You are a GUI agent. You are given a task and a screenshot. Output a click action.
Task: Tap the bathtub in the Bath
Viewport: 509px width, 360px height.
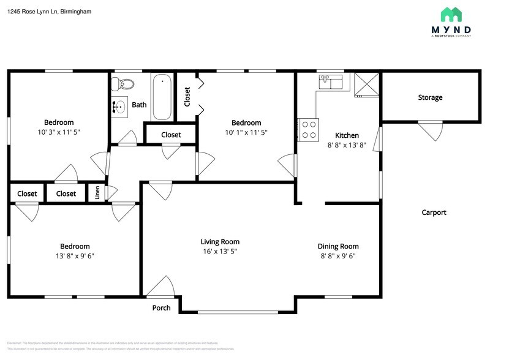pyautogui.click(x=162, y=97)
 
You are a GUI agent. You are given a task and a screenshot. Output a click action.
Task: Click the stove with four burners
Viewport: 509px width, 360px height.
pyautogui.click(x=308, y=129)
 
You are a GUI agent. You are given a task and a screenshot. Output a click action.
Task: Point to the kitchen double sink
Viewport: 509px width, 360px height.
pyautogui.click(x=331, y=81)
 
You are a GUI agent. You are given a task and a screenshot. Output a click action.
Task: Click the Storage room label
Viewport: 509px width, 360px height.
pyautogui.click(x=430, y=97)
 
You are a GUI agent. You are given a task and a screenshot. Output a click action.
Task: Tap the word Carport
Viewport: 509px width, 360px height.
pyautogui.click(x=434, y=212)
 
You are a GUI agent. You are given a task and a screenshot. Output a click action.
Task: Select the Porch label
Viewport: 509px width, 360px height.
pyautogui.click(x=161, y=307)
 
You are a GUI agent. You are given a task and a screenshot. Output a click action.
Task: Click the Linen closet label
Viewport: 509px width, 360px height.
pyautogui.click(x=97, y=193)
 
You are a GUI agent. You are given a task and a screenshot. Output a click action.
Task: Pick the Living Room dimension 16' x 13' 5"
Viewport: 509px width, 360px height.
pyautogui.click(x=220, y=252)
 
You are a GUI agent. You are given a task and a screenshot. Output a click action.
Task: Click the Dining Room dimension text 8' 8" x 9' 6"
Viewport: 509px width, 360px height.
pyautogui.click(x=337, y=256)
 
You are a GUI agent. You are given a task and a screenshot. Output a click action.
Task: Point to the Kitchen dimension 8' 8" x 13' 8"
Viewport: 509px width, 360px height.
pyautogui.click(x=347, y=145)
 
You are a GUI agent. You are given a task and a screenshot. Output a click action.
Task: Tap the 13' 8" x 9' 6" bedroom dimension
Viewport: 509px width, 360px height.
pyautogui.click(x=74, y=256)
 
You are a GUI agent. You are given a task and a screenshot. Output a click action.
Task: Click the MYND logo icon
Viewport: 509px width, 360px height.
pyautogui.click(x=451, y=15)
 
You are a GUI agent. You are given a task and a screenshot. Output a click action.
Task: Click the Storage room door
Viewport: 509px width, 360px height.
pyautogui.click(x=430, y=129)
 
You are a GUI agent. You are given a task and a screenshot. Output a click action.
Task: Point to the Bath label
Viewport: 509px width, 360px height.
pyautogui.click(x=139, y=105)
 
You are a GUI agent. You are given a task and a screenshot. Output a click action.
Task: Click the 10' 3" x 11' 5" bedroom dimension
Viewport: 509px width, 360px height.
pyautogui.click(x=59, y=132)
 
